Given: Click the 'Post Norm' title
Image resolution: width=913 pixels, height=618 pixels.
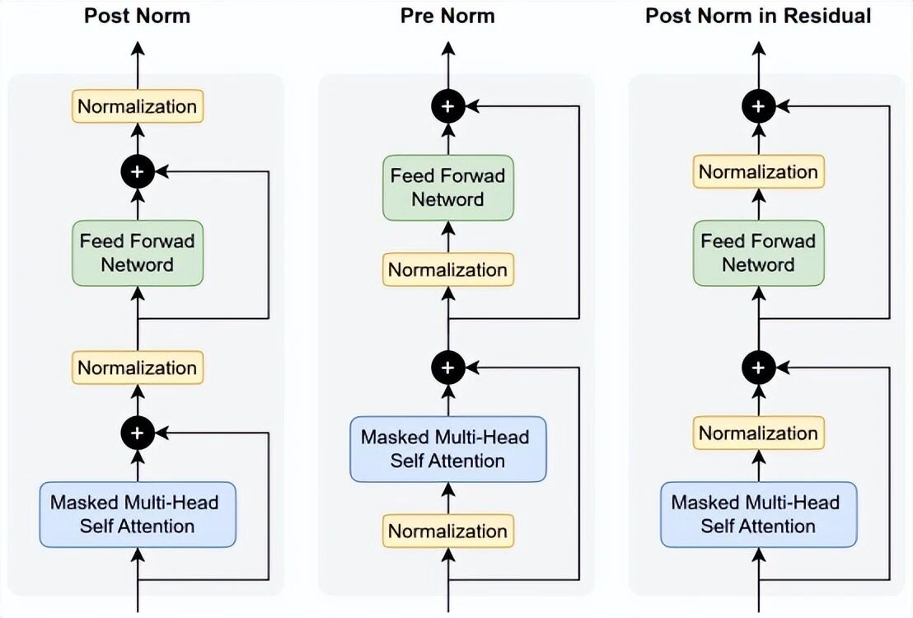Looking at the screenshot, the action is coord(137,16).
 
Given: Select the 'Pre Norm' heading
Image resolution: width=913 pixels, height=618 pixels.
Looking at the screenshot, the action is coord(447,16).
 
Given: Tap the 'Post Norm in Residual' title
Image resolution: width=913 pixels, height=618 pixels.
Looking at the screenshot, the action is coord(758,16).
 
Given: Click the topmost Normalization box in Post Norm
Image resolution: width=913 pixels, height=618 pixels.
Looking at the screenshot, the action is coord(138,106).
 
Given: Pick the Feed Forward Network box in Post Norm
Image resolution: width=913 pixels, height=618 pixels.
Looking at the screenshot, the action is coord(138,253).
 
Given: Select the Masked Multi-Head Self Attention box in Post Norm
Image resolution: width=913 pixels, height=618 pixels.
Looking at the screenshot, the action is coord(138,514).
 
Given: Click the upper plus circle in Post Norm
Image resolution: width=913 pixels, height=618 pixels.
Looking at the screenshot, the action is coord(138,172).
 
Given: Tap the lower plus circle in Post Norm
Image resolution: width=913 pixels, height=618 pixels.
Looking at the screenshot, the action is coord(138,433).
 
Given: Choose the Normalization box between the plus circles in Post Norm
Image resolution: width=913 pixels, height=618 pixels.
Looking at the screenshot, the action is coord(138,368).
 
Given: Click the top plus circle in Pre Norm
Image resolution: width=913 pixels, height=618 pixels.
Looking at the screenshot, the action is coord(447,106).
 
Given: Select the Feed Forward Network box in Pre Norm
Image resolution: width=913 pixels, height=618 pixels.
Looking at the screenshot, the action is coord(447,188).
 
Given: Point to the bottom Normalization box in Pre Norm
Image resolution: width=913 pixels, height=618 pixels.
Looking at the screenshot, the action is coord(447,531).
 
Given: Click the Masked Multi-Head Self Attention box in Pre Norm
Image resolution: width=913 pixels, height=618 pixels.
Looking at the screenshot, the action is coord(447,449).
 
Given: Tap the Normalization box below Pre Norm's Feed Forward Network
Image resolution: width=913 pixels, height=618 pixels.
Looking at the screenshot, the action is coord(447,269).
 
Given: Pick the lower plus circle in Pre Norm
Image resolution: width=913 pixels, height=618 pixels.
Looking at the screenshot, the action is coord(447,368).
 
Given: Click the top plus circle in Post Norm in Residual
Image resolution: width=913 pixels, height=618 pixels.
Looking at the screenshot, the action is coord(758,106).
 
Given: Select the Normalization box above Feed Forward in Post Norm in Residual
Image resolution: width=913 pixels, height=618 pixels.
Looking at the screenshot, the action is coord(758,172).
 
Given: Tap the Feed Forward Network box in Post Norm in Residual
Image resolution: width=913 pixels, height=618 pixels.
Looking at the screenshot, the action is coord(758,253).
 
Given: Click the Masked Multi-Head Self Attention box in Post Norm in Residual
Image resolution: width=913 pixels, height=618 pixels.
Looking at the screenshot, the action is coord(758,514).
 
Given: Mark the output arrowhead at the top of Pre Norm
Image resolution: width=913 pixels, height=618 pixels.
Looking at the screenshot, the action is coord(447,49).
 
